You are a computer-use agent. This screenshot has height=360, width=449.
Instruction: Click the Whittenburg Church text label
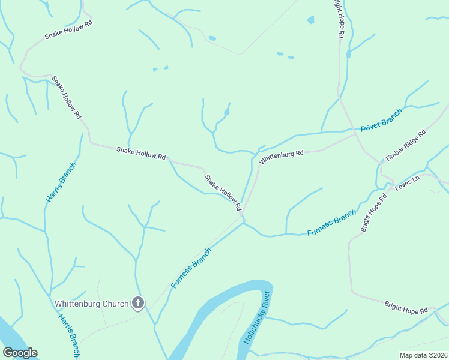tap(91, 304)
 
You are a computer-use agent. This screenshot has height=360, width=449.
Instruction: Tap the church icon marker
tap(138, 303)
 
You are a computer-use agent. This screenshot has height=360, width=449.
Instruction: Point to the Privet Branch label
tap(381, 121)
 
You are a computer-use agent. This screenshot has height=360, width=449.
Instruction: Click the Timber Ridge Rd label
tap(405, 145)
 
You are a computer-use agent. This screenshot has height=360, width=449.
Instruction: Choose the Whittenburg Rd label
tap(282, 157)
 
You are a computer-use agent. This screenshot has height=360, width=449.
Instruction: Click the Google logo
tap(20, 353)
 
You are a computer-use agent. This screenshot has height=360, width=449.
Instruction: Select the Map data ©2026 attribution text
tap(423, 355)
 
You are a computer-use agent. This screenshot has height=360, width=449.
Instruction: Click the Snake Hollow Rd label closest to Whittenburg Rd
tap(223, 192)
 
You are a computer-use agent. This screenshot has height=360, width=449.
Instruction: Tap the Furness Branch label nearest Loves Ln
tap(331, 223)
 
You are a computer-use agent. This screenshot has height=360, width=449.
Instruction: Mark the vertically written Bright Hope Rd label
tap(339, 18)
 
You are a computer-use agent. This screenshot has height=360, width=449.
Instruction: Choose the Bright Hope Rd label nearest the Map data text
tap(406, 308)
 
